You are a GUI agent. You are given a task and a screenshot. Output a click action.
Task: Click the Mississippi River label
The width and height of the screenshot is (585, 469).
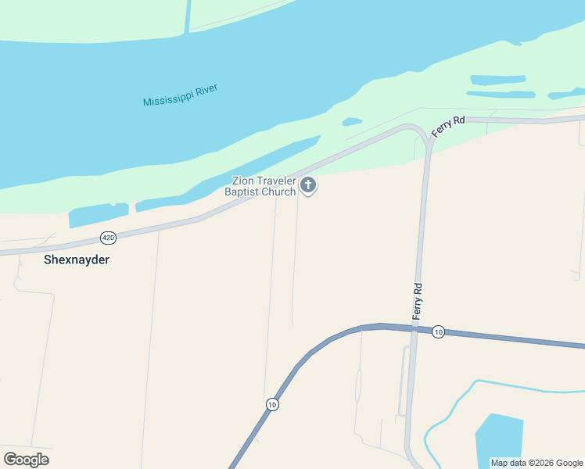point(180,95)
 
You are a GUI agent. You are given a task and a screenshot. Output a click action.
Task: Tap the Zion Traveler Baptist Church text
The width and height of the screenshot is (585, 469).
point(260,186)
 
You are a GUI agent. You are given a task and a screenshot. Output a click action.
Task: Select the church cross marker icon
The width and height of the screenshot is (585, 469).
point(308,185)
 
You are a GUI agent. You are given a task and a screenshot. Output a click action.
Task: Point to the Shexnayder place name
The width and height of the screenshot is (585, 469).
point(75,260)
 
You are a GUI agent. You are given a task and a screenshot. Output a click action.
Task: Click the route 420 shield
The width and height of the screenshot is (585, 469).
point(108,237)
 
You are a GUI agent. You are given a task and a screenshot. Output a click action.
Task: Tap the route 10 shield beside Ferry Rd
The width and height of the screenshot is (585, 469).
point(438,331)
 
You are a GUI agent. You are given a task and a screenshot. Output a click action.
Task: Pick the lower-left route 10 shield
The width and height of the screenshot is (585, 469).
point(271,404)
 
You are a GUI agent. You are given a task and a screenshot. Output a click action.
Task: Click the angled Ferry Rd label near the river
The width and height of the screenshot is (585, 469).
point(448,127)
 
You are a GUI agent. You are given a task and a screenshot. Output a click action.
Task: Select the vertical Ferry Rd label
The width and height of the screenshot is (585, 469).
point(418,300)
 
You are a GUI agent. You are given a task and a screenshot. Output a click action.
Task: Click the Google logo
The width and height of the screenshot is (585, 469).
point(26,459)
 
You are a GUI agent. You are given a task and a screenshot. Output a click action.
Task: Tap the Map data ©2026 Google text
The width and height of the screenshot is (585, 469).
point(537,463)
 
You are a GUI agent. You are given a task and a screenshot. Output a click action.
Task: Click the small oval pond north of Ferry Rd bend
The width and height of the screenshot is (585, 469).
point(352,121)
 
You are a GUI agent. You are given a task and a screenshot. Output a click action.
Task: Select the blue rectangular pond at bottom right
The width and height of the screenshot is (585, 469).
point(498,442)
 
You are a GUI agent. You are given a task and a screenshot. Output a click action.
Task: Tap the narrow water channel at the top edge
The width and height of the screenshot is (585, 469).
point(188,16)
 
